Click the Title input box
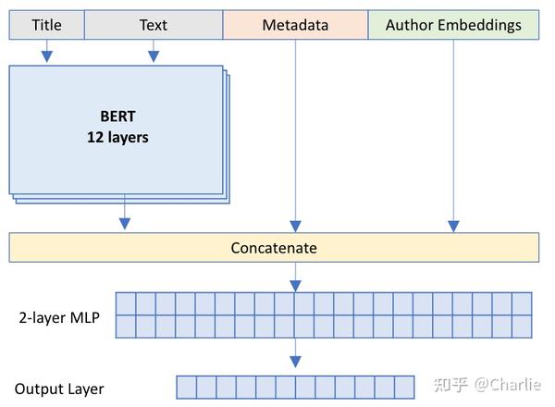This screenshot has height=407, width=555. click(46, 26)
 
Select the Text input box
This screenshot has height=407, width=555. click(154, 26)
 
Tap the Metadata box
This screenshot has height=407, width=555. click(295, 26)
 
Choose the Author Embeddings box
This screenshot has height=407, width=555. click(453, 26)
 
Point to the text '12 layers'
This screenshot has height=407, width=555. click(117, 138)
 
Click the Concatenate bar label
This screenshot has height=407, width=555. click(274, 248)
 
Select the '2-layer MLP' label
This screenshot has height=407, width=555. click(57, 318)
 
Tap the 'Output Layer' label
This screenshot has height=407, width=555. click(59, 389)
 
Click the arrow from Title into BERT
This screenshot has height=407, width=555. click(46, 55)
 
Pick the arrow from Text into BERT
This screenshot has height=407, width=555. click(154, 55)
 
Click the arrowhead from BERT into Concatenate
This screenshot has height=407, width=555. click(125, 223)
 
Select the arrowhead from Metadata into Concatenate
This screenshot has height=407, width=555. click(295, 225)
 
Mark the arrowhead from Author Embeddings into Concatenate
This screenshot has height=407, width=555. click(453, 225)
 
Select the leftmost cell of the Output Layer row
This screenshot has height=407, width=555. click(186, 387)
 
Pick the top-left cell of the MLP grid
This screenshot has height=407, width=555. click(125, 303)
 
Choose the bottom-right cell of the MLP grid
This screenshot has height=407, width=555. click(522, 327)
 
